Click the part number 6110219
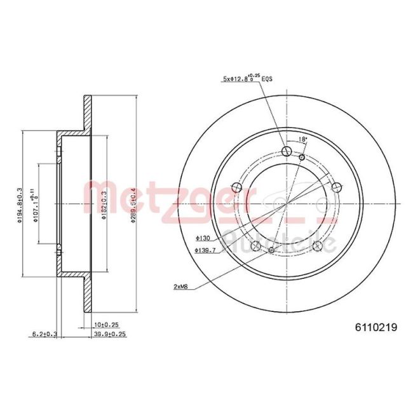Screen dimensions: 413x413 point(376,328)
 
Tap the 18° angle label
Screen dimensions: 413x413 point(303,139)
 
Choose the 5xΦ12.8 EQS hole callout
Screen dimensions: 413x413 point(247,79)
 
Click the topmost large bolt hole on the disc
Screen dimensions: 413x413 point(286,151)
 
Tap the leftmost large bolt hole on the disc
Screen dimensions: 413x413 point(238,187)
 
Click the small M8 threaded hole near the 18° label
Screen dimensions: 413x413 point(302,157)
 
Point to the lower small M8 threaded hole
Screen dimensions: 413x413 point(272,250)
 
